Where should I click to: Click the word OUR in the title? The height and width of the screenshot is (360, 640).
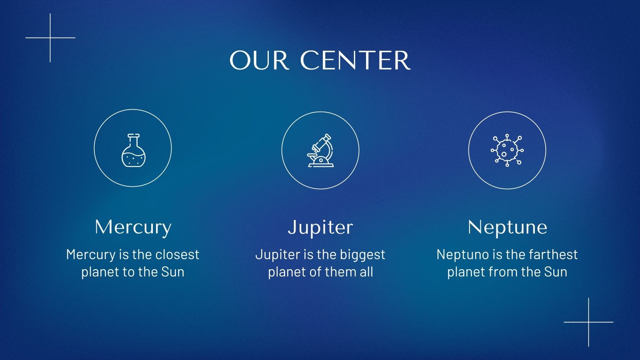(x=259, y=60)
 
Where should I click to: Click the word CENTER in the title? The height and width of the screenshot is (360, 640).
(x=355, y=60)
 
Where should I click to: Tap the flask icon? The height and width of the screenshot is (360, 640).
(x=134, y=150)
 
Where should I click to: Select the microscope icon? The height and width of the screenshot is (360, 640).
(x=320, y=150)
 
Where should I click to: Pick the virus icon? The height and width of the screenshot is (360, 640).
(x=507, y=150)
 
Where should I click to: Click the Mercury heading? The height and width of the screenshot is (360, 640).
(x=133, y=228)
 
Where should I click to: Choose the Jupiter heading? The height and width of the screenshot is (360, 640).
(x=320, y=228)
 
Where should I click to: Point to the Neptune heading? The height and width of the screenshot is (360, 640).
(x=508, y=228)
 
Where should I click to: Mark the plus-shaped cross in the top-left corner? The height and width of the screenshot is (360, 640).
(x=50, y=38)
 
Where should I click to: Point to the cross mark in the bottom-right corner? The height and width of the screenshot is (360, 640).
(x=588, y=322)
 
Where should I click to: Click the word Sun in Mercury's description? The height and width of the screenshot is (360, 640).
(x=173, y=272)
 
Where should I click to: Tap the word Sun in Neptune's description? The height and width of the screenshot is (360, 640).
(x=556, y=272)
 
